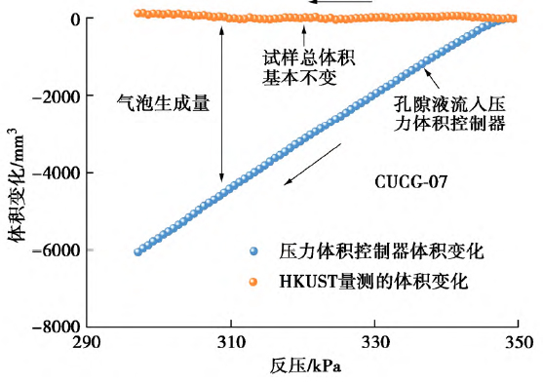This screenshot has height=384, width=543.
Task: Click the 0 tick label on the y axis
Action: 74,19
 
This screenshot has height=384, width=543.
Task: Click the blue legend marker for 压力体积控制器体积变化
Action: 254,251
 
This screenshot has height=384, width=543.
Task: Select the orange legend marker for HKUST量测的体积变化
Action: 254,283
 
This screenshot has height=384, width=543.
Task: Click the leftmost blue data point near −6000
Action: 138,251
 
